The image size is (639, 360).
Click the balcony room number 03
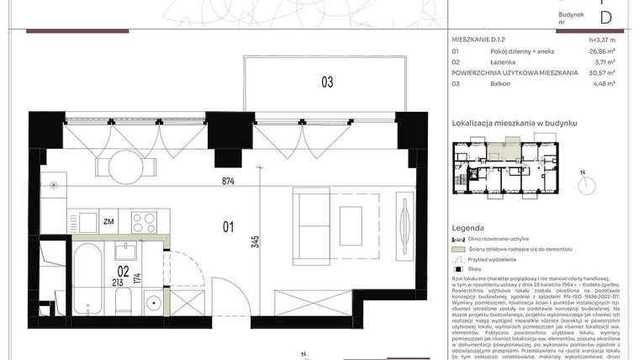(x=326, y=82)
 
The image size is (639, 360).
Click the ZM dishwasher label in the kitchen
(x=108, y=222)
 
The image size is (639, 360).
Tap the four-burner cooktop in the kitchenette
(x=144, y=222)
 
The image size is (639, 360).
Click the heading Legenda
(x=467, y=228)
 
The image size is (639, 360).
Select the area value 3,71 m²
(x=605, y=62)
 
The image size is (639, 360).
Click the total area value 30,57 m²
(x=602, y=73)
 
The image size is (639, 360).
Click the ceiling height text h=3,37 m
(x=603, y=40)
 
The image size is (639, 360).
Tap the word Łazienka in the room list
(x=505, y=62)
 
